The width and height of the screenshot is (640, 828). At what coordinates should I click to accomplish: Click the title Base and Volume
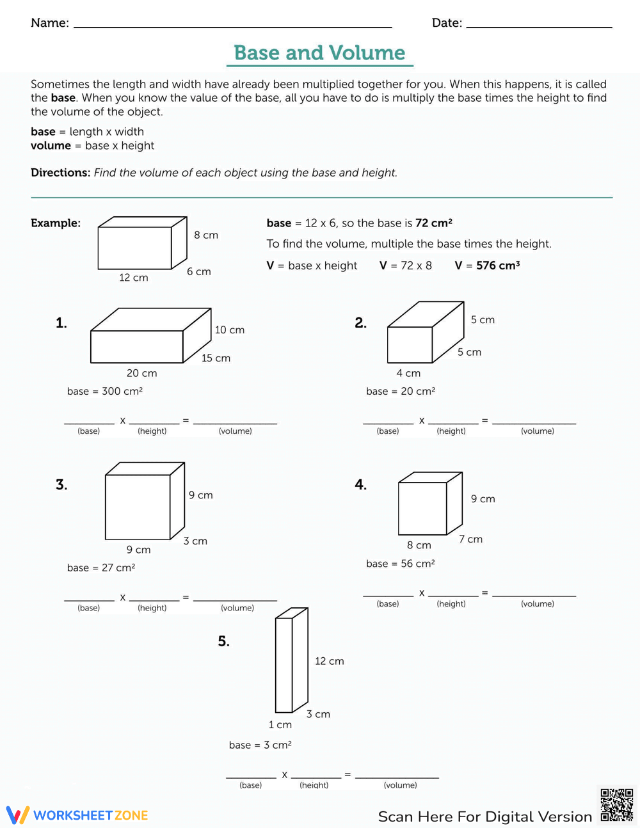[x=319, y=52]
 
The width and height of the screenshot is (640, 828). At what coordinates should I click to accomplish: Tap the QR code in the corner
[x=616, y=805]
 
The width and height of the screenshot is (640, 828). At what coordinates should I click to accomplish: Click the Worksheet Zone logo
[x=77, y=815]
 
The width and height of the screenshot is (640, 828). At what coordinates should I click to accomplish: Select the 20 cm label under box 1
[x=141, y=373]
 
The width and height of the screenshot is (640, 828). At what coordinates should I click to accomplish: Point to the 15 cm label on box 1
[x=216, y=358]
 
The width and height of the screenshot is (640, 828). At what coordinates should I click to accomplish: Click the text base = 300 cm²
[x=105, y=391]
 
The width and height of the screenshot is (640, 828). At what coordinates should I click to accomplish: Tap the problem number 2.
[x=360, y=323]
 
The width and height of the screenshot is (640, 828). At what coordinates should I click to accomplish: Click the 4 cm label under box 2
[x=408, y=373]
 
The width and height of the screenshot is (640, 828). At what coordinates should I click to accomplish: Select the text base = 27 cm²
[x=101, y=568]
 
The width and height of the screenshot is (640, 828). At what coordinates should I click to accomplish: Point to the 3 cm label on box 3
[x=195, y=541]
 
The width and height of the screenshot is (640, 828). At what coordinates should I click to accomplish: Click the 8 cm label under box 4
[x=419, y=545]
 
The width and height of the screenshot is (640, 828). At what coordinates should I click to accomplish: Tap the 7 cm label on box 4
[x=470, y=539]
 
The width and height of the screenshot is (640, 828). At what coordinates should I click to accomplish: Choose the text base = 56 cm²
[x=401, y=564]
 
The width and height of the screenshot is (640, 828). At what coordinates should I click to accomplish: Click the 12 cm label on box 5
[x=329, y=661]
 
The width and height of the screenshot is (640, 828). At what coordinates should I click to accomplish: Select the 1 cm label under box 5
[x=280, y=724]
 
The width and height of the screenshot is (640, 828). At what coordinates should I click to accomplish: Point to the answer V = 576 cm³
[x=487, y=266]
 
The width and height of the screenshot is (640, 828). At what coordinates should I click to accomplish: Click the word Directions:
[x=60, y=173]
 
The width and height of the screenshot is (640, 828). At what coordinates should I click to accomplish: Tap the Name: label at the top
[x=50, y=23]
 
